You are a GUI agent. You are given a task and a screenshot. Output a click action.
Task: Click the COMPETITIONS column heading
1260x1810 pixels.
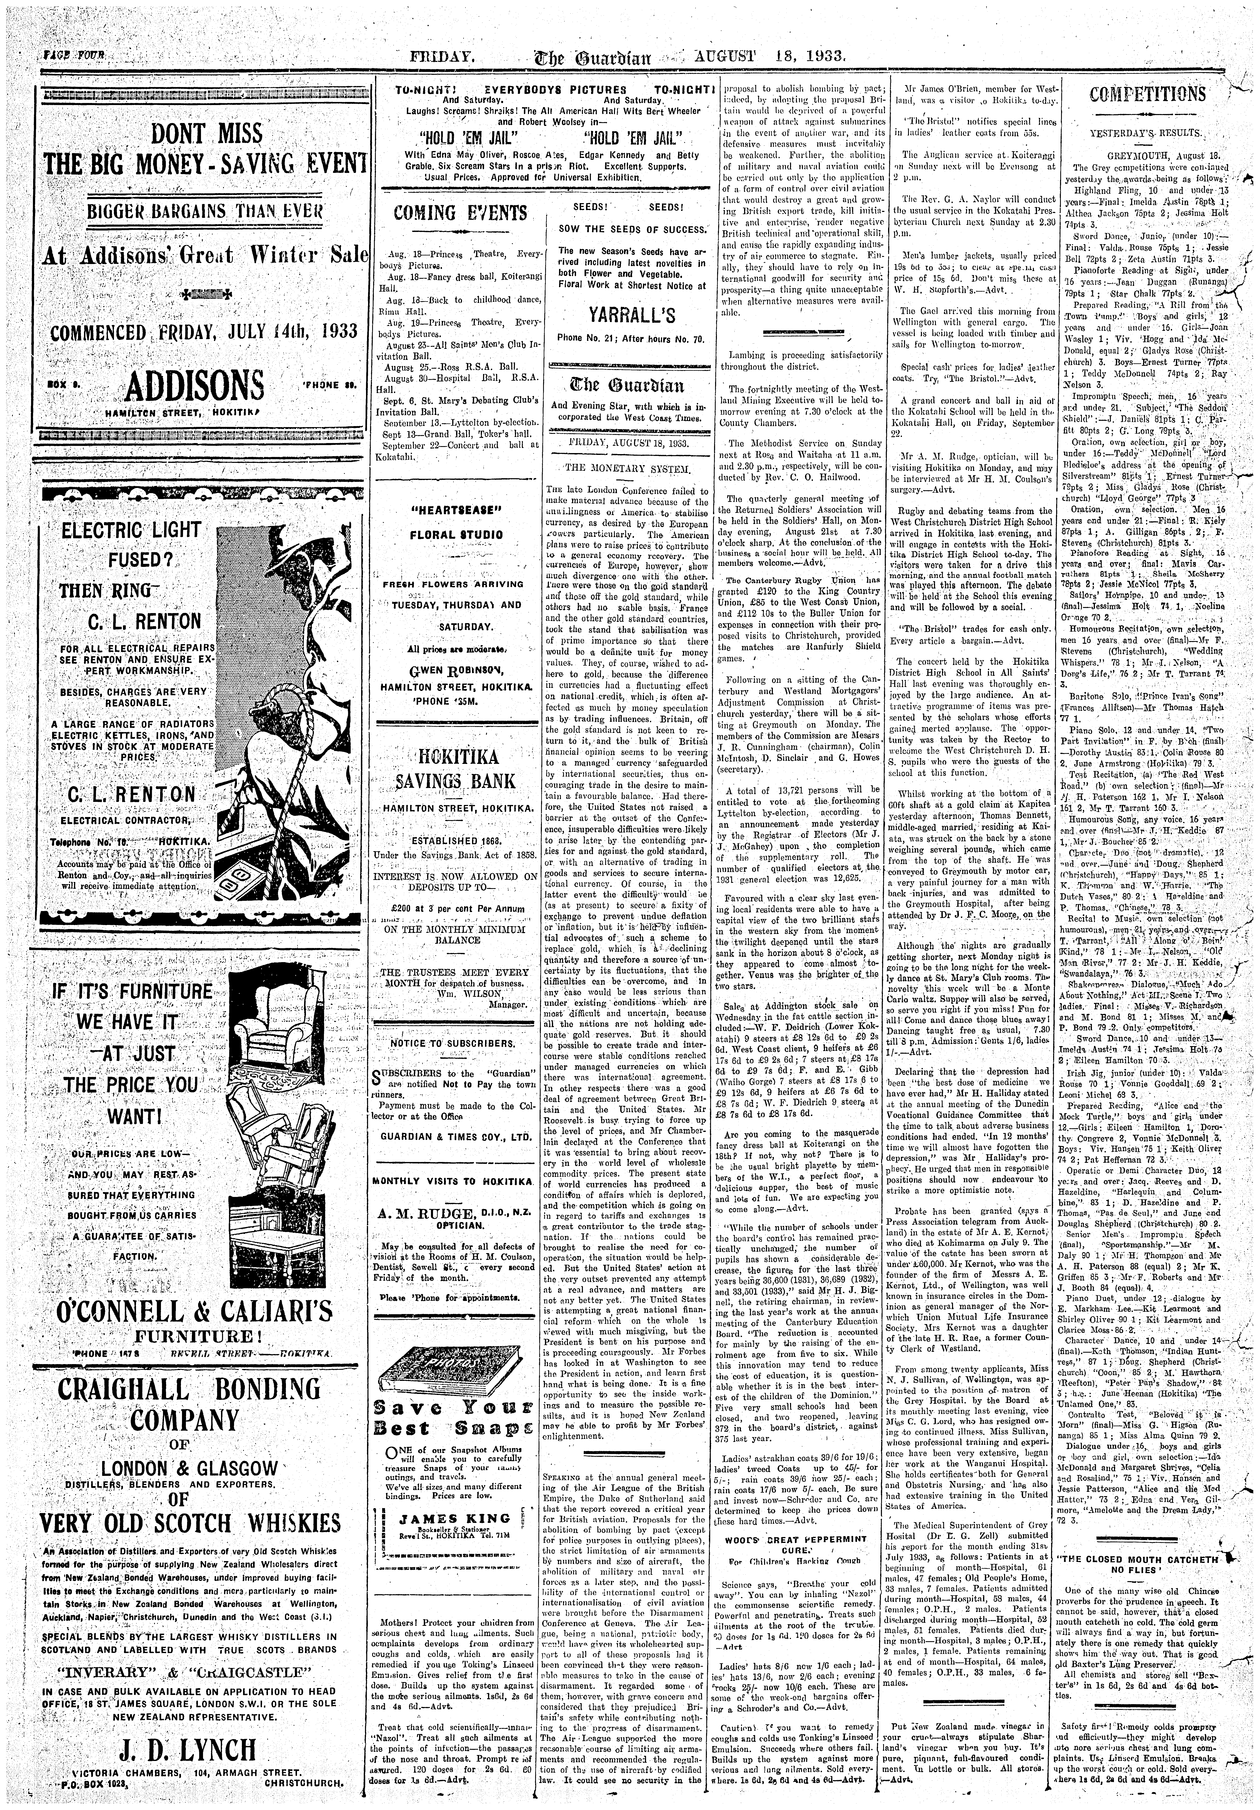(1147, 95)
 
